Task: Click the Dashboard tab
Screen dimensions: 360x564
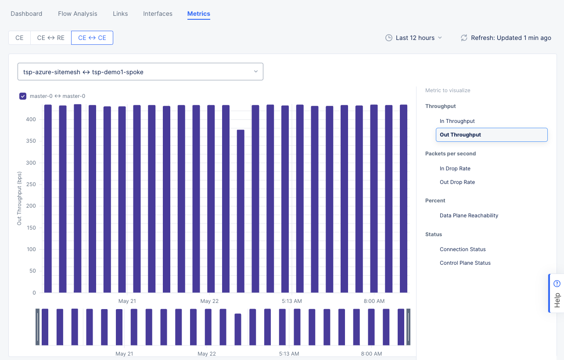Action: pyautogui.click(x=26, y=14)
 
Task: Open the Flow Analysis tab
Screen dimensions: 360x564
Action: pyautogui.click(x=78, y=14)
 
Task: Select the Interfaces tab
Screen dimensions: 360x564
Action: pyautogui.click(x=158, y=14)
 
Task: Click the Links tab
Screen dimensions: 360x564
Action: pyautogui.click(x=120, y=14)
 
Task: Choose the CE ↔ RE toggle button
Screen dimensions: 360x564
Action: pyautogui.click(x=50, y=38)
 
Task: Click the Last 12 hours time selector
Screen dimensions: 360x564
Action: pyautogui.click(x=414, y=38)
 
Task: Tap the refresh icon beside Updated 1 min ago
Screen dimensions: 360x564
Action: pyautogui.click(x=464, y=38)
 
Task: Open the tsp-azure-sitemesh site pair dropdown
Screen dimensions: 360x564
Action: pyautogui.click(x=140, y=72)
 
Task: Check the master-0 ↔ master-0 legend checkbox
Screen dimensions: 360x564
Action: pyautogui.click(x=23, y=96)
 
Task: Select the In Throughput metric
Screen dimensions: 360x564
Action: pyautogui.click(x=457, y=121)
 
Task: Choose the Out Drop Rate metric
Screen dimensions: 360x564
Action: pyautogui.click(x=457, y=182)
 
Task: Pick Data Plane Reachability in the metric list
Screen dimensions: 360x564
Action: pyautogui.click(x=469, y=216)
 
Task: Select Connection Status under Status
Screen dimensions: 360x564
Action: pyautogui.click(x=463, y=249)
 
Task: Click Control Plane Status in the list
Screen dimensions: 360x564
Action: pyautogui.click(x=465, y=263)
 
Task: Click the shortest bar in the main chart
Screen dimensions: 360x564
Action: pyautogui.click(x=241, y=211)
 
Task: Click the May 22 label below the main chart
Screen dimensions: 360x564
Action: pyautogui.click(x=209, y=301)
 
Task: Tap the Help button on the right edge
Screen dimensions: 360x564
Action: pyautogui.click(x=557, y=293)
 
